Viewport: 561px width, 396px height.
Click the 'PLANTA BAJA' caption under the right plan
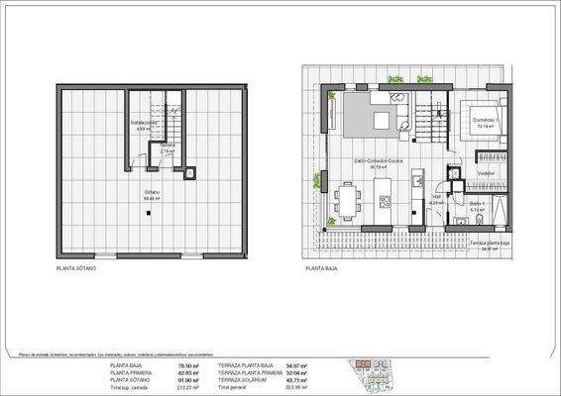pos(321,268)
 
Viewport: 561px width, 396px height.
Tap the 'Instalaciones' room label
pos(144,124)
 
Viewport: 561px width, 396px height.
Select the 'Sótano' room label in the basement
pos(152,193)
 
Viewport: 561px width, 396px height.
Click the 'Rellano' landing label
pos(169,147)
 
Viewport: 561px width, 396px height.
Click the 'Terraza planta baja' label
pos(488,243)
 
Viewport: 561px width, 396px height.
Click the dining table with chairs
pos(348,200)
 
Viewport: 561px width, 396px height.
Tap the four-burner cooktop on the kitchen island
pos(384,201)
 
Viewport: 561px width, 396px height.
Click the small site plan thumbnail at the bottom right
pos(376,377)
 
